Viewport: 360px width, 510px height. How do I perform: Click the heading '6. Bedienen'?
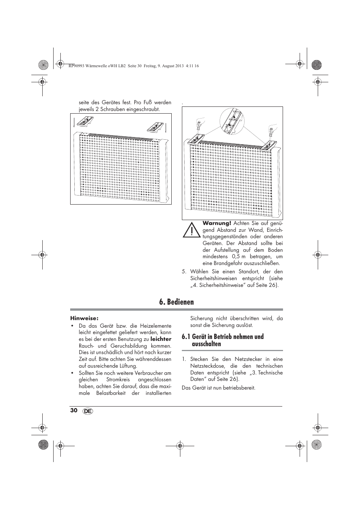tap(177, 302)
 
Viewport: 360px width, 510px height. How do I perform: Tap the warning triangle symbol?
tap(191, 230)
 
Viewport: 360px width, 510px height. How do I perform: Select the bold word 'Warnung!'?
tap(217, 223)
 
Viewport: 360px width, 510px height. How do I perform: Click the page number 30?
tap(74, 410)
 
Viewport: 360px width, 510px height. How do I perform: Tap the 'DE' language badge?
tap(88, 411)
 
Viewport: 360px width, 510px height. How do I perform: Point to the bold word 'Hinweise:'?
tap(84, 318)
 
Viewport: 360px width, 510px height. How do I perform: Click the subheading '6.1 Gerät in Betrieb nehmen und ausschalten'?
tap(223, 340)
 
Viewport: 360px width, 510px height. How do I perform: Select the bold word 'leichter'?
tap(161, 339)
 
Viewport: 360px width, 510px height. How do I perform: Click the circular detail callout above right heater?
tap(232, 122)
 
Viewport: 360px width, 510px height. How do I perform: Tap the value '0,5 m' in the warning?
tap(238, 257)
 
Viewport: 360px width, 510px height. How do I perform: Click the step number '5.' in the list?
tap(184, 272)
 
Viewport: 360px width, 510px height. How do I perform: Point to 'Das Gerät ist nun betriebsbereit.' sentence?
tap(218, 388)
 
